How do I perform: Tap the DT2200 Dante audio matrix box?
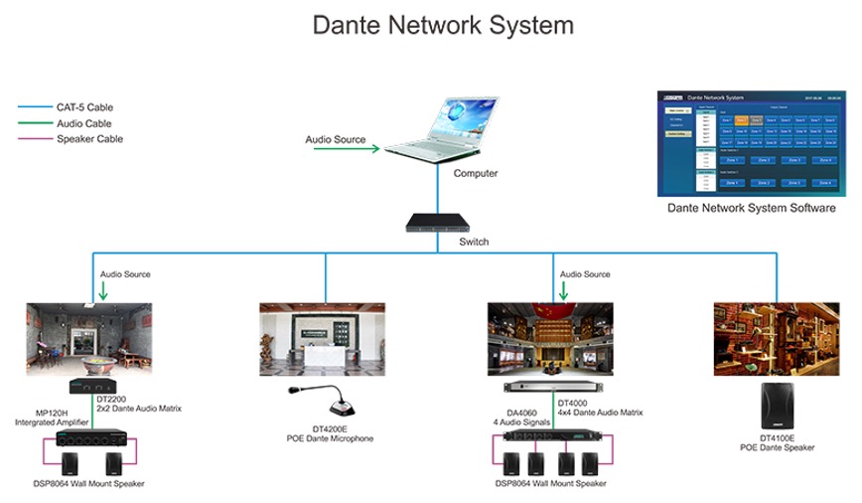[x=90, y=386]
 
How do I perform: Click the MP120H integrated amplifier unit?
[x=90, y=436]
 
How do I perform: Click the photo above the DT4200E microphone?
[x=322, y=339]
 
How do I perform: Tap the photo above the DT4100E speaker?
[x=777, y=339]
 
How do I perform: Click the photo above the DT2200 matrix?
[x=89, y=339]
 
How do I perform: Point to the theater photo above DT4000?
[x=550, y=339]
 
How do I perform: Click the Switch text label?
[x=474, y=242]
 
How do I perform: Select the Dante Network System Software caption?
[x=751, y=209]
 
